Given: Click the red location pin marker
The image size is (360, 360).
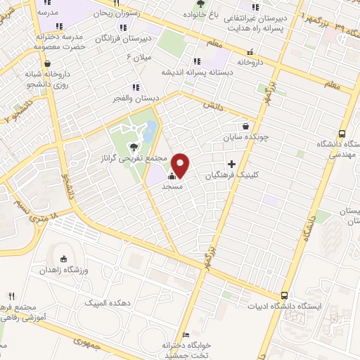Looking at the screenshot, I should point(181,165).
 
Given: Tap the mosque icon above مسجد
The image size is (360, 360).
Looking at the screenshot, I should point(172,175).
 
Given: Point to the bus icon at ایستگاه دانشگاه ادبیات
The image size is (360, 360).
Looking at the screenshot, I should point(285,296).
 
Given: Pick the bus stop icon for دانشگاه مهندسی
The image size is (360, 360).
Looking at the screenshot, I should point(342,134).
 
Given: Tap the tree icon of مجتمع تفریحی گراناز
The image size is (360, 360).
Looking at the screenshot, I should point(133,147).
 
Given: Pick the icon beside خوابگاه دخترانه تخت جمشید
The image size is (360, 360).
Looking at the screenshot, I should point(186,335).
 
